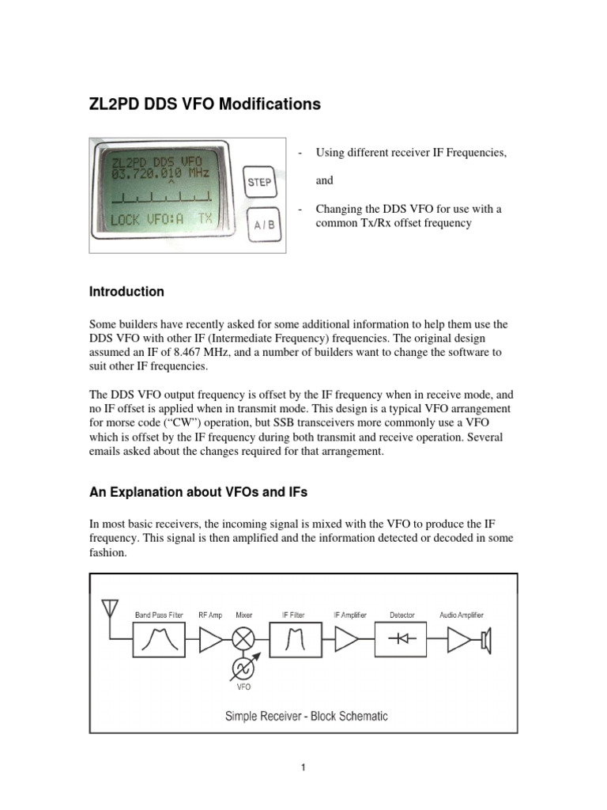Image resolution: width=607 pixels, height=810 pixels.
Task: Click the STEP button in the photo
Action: click(x=259, y=183)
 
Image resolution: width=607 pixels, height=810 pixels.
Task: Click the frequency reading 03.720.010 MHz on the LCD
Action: click(x=156, y=172)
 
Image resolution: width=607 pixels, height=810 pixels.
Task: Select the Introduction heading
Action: click(x=126, y=291)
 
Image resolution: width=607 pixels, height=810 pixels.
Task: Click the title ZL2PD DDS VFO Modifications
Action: click(x=205, y=104)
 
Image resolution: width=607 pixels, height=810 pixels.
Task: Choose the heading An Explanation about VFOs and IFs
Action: click(x=198, y=492)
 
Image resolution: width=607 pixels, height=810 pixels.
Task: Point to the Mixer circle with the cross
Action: click(x=243, y=639)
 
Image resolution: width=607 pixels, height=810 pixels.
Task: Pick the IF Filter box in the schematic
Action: click(x=294, y=639)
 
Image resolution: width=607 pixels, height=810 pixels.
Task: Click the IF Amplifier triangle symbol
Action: click(x=347, y=639)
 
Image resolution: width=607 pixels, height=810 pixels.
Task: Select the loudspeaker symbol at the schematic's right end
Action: click(x=485, y=639)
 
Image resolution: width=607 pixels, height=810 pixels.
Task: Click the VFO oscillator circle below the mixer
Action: click(x=243, y=669)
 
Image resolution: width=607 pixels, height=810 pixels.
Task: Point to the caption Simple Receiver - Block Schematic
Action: click(x=306, y=716)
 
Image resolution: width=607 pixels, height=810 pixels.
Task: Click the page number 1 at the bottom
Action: click(x=303, y=767)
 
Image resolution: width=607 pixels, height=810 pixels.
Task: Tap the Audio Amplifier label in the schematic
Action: click(x=462, y=615)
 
